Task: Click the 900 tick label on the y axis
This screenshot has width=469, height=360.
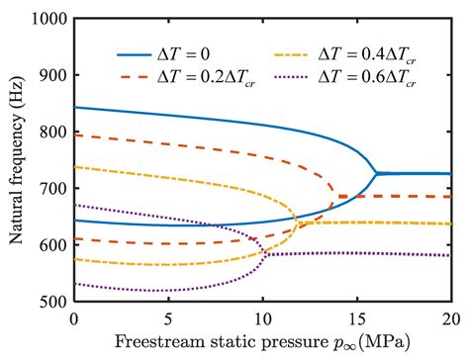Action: [51, 76]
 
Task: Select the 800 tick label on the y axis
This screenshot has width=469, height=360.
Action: [51, 133]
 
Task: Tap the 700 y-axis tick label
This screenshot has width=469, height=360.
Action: [51, 189]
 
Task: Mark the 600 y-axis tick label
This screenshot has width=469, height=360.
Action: [51, 245]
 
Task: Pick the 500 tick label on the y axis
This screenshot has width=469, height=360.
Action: [51, 302]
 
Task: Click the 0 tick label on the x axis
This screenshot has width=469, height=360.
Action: [74, 318]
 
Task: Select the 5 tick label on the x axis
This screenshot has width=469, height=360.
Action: [168, 318]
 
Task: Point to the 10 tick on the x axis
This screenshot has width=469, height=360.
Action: [262, 318]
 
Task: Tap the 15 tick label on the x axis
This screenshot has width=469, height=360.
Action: [356, 318]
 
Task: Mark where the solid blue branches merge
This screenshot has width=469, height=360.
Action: [375, 174]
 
